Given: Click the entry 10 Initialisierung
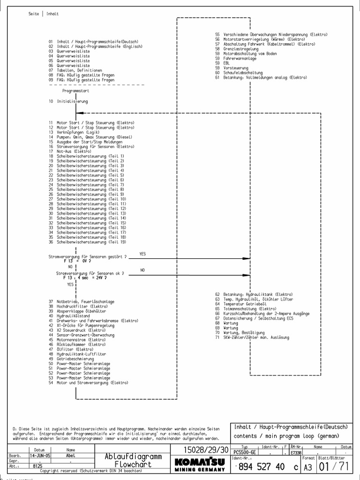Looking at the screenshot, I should tap(68, 101).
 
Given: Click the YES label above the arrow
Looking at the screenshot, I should tap(142, 254).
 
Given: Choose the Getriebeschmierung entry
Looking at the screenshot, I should tap(75, 359).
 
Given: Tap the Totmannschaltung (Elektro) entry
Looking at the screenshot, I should tap(246, 309).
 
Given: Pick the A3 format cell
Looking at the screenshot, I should tap(308, 467).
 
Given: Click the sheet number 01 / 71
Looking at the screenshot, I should tap(335, 466).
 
